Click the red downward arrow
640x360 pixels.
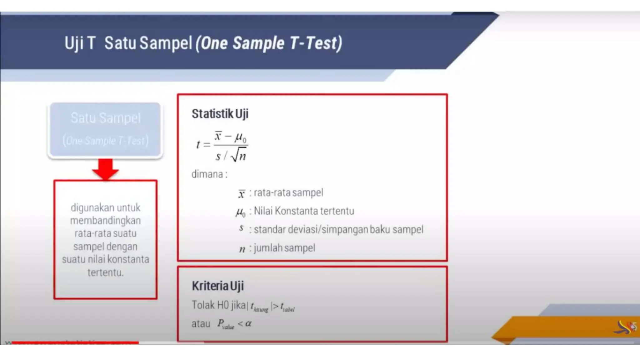(x=105, y=169)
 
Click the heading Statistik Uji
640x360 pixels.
(x=220, y=114)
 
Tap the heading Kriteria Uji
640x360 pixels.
(x=217, y=286)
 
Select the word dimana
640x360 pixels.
(x=207, y=174)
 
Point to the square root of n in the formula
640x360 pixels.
(x=239, y=155)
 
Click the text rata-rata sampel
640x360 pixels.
(x=288, y=192)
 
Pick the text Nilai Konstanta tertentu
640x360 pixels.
(x=304, y=211)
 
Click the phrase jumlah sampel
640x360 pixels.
(x=284, y=248)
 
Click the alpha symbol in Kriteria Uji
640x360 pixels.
(x=248, y=323)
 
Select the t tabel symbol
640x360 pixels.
(x=287, y=307)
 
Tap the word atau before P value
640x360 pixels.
(x=201, y=324)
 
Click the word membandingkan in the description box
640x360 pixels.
(x=105, y=221)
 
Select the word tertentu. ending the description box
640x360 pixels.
(x=105, y=272)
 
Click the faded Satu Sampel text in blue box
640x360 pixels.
(x=106, y=118)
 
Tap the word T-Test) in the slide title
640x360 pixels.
(x=316, y=43)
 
